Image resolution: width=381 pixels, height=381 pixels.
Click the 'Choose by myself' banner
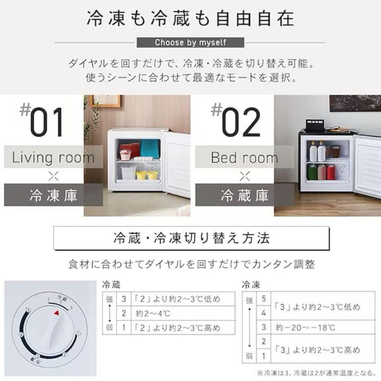(190, 43)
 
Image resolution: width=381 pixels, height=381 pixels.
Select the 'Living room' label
(53, 157)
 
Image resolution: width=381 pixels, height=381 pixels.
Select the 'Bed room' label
(244, 157)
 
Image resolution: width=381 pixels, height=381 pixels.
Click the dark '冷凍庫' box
(53, 195)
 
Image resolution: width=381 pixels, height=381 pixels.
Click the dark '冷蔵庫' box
(244, 195)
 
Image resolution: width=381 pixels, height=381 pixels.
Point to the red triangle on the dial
(56, 313)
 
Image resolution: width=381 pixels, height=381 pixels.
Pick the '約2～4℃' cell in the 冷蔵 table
(182, 313)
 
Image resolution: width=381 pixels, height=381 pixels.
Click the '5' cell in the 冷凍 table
(264, 299)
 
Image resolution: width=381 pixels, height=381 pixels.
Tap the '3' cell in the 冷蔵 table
(124, 299)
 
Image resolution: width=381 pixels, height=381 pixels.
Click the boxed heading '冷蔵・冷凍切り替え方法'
(192, 239)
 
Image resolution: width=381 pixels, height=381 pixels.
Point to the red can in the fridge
(331, 172)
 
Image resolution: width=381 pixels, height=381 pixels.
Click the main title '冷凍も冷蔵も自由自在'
(190, 18)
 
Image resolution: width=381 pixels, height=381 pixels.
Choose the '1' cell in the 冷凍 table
(264, 356)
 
